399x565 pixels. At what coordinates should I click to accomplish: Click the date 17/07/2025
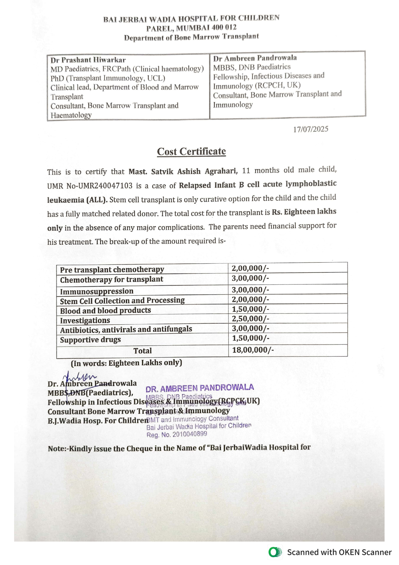pyautogui.click(x=310, y=129)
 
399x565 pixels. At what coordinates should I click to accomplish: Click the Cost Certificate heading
pyautogui.click(x=191, y=151)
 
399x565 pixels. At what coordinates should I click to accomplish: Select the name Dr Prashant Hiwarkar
pyautogui.click(x=88, y=60)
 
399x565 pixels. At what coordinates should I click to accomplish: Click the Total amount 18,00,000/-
pyautogui.click(x=253, y=350)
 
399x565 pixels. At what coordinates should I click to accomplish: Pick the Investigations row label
pyautogui.click(x=85, y=320)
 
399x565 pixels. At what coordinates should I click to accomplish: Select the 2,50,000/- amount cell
pyautogui.click(x=250, y=319)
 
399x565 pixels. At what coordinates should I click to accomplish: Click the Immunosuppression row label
pyautogui.click(x=97, y=291)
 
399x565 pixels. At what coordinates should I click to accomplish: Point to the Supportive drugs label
pyautogui.click(x=90, y=340)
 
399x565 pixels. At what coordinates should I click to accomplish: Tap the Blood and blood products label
pyautogui.click(x=105, y=310)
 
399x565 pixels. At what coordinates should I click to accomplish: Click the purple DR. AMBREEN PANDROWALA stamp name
pyautogui.click(x=199, y=388)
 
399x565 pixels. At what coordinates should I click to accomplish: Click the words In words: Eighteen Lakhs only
pyautogui.click(x=126, y=363)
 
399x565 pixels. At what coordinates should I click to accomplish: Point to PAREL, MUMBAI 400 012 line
pyautogui.click(x=191, y=28)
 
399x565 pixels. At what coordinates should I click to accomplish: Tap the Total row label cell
pyautogui.click(x=142, y=351)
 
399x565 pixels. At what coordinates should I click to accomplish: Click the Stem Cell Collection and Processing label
pyautogui.click(x=122, y=301)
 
